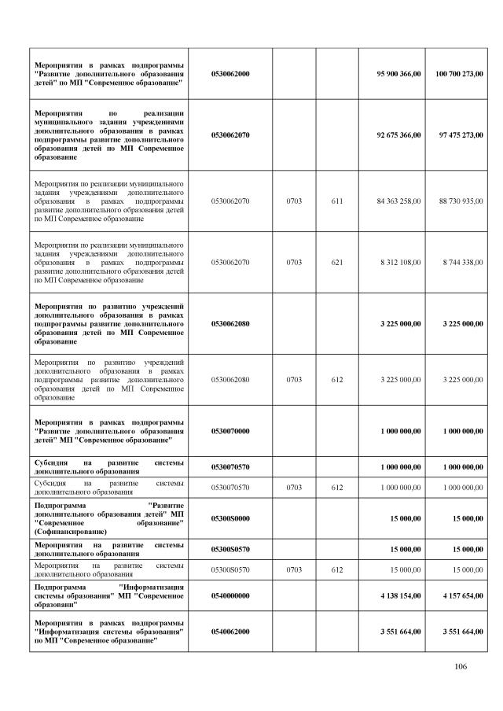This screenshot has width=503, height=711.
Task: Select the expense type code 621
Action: pyautogui.click(x=337, y=262)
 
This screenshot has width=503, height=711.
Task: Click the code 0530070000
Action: pyautogui.click(x=230, y=430)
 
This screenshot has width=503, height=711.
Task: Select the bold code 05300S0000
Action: pyautogui.click(x=230, y=518)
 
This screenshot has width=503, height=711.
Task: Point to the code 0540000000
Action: pyautogui.click(x=230, y=595)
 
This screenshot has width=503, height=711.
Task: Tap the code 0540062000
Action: pyautogui.click(x=230, y=632)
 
